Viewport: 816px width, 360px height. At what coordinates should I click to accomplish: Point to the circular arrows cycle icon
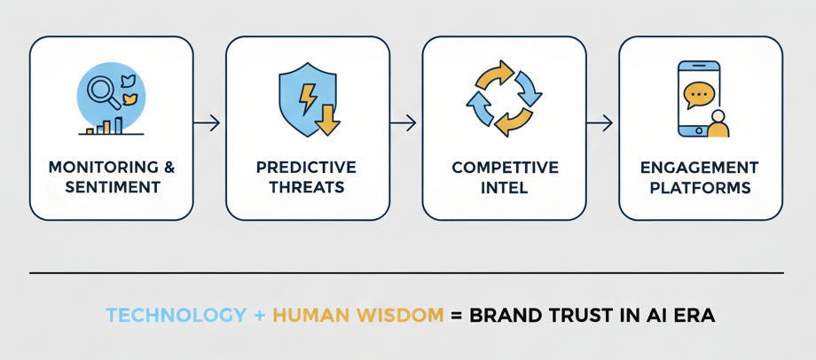504,98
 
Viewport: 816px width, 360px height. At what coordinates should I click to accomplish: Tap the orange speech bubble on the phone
699,91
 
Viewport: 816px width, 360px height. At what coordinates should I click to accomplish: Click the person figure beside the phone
718,125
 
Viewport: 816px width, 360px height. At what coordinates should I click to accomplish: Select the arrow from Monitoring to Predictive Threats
209,123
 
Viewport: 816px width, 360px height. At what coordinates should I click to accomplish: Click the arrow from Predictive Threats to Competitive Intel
405,123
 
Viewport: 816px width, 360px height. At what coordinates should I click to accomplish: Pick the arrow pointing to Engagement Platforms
601,123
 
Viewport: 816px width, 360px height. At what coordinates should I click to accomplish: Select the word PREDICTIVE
307,168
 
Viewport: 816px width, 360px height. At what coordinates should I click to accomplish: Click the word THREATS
307,187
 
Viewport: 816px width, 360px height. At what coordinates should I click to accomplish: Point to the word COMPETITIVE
504,168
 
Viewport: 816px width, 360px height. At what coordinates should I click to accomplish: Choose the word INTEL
504,187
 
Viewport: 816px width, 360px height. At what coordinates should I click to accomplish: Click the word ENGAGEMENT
700,168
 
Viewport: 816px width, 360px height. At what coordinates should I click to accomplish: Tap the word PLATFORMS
700,187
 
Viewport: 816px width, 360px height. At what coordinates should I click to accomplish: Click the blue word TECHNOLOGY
176,315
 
